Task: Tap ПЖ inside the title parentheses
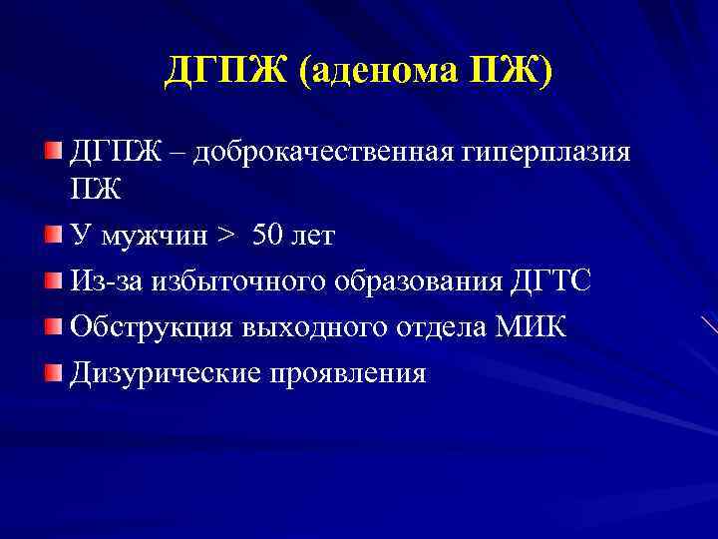click(x=508, y=73)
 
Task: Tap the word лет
click(x=316, y=237)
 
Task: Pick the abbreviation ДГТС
click(x=550, y=282)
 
